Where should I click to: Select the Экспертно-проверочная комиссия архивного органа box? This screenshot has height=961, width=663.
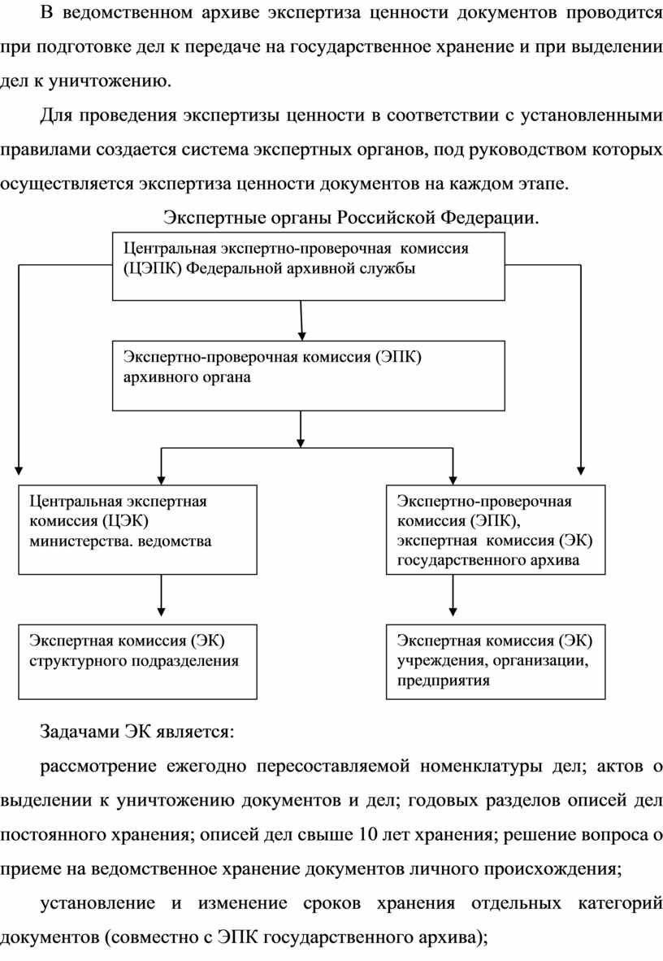309,375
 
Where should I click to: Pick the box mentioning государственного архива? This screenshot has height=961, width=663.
496,529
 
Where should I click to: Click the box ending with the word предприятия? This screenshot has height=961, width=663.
496,662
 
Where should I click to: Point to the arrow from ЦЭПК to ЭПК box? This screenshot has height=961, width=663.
301,320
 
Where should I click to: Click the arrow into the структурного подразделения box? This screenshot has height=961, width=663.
162,599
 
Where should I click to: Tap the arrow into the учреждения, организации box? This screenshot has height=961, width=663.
452,599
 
